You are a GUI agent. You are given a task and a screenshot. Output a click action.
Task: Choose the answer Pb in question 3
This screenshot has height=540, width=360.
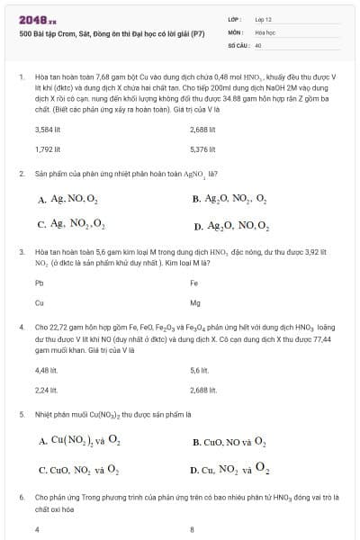(x=39, y=283)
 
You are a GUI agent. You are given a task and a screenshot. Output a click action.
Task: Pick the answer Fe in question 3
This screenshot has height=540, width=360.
(x=194, y=283)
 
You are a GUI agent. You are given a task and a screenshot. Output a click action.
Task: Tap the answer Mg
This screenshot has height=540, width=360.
(x=195, y=302)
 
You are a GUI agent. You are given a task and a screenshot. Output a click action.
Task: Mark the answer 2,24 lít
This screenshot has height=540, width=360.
(x=46, y=391)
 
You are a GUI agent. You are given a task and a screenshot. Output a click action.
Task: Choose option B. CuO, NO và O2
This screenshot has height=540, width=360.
(x=229, y=442)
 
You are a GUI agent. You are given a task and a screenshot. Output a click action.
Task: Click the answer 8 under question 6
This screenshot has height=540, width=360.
(x=193, y=529)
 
